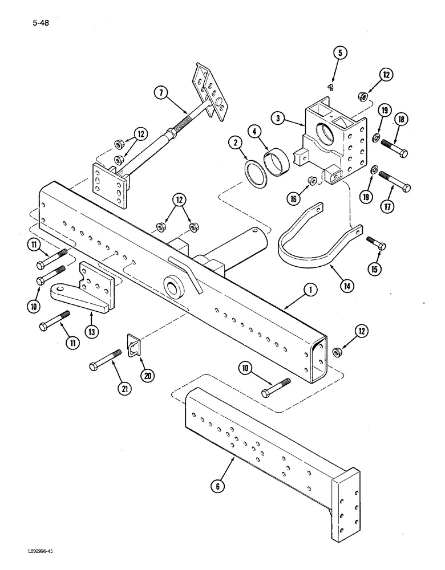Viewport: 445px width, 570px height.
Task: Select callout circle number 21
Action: pos(123,388)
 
